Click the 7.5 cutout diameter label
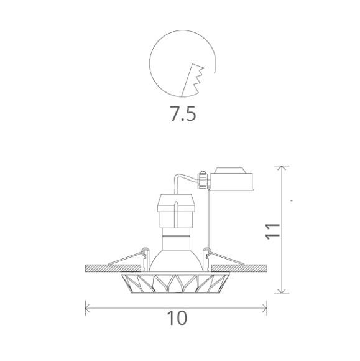[x=183, y=113]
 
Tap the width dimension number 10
[x=177, y=318]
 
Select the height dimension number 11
[x=273, y=231]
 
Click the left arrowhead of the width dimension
[x=87, y=308]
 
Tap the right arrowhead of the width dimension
[x=265, y=308]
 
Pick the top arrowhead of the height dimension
[x=282, y=168]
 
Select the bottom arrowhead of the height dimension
[x=282, y=291]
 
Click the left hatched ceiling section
[x=113, y=268]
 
